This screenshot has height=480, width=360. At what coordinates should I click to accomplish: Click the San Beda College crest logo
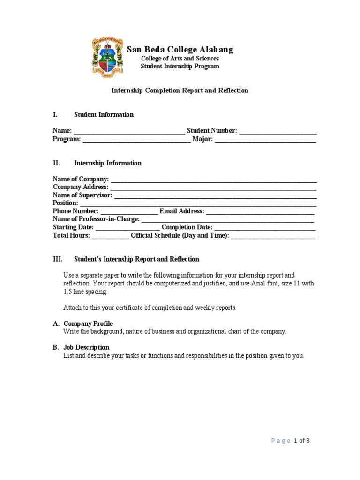coord(107,58)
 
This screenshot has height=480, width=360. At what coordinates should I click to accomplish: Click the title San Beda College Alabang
coord(180,50)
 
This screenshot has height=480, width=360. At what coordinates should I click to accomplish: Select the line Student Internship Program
coord(180,66)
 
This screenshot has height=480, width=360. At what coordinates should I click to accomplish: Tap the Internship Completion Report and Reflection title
coord(180,90)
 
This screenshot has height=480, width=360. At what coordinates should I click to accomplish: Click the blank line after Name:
coord(129,131)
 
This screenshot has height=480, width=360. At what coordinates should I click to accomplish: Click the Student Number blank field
coord(277,131)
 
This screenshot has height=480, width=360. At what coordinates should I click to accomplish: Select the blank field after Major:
coord(265,140)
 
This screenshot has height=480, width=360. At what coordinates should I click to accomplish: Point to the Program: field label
coord(67,139)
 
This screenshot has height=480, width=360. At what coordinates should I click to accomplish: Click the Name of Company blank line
coord(214,180)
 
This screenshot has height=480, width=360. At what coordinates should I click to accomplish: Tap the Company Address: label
coord(80,187)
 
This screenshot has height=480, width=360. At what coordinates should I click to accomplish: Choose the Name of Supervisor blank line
coord(215,195)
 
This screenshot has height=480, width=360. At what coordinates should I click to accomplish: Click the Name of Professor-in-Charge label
coord(96,219)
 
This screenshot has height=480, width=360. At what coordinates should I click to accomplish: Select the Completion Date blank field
coord(265,228)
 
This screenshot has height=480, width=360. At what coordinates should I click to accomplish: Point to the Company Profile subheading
coord(88,323)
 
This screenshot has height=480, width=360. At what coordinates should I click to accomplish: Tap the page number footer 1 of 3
coord(302,441)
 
